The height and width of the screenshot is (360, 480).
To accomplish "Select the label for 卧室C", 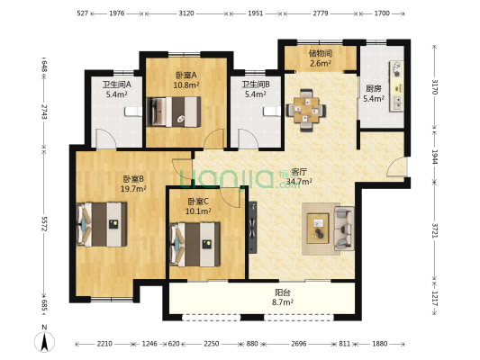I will click(198, 201).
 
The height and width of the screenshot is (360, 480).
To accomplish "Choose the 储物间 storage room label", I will click(321, 53).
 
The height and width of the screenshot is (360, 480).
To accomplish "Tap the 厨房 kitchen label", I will click(374, 88).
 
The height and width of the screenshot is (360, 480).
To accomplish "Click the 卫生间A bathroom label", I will click(118, 84).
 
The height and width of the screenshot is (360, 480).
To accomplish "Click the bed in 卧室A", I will click(176, 111).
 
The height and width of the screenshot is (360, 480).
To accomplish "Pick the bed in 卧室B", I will click(102, 220).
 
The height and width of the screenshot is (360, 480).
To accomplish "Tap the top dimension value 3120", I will click(186, 13).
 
